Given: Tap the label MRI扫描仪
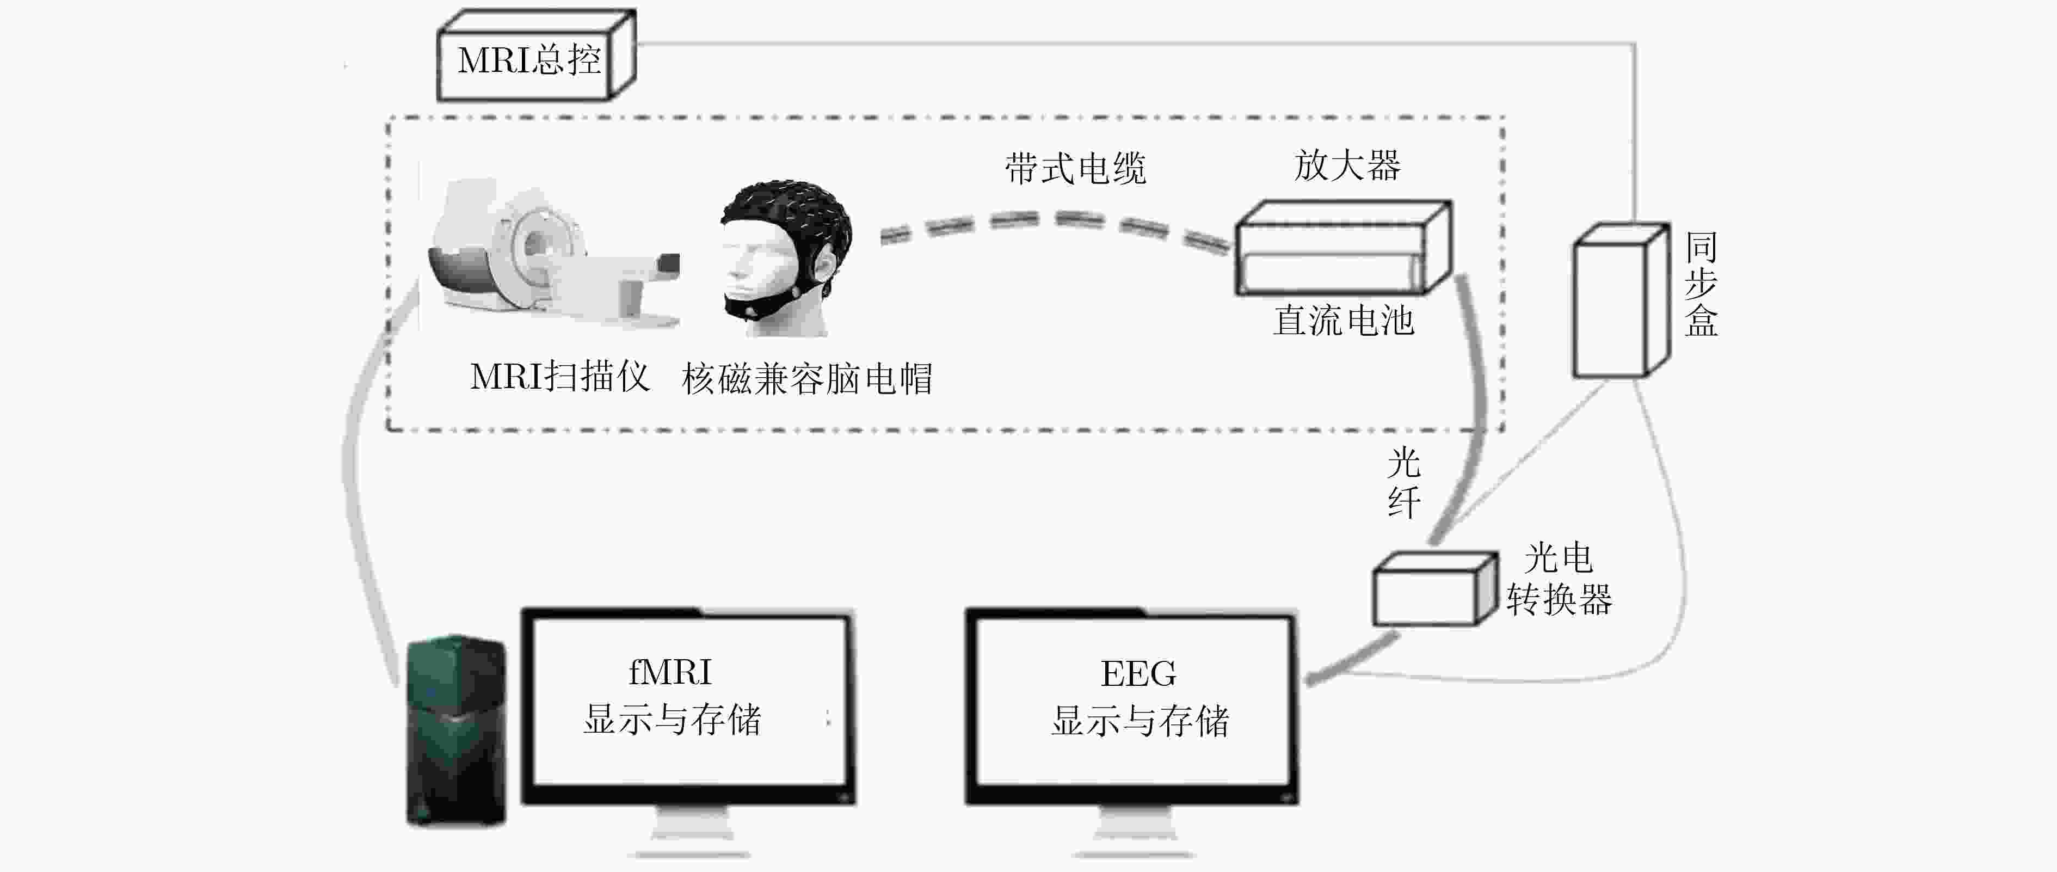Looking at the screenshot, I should coord(559,377).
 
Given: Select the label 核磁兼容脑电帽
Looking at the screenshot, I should coord(806,378).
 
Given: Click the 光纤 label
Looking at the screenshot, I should coord(1403,483).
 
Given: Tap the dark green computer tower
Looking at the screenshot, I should coord(455,730).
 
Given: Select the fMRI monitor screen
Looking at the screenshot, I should coord(688,703).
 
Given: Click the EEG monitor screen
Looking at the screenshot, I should coord(1132,703).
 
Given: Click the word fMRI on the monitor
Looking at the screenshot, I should coord(669,672).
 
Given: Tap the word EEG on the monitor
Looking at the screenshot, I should coord(1138,674).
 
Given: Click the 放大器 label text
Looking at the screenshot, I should coord(1346,166).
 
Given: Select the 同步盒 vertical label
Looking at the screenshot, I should coord(1701,284).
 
